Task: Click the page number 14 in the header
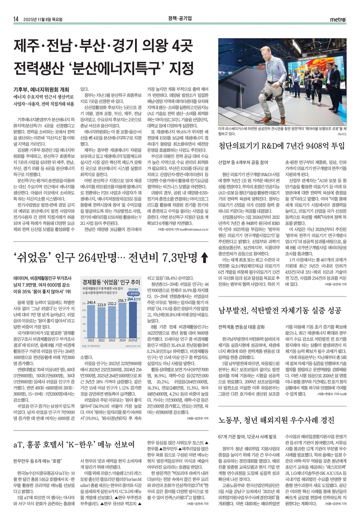click(x=15, y=19)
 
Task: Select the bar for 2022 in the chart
click(x=102, y=322)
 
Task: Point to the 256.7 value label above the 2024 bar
click(x=122, y=301)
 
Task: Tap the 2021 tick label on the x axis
click(x=91, y=340)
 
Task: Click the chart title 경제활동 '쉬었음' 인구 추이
click(x=111, y=282)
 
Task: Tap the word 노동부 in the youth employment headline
click(x=230, y=420)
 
